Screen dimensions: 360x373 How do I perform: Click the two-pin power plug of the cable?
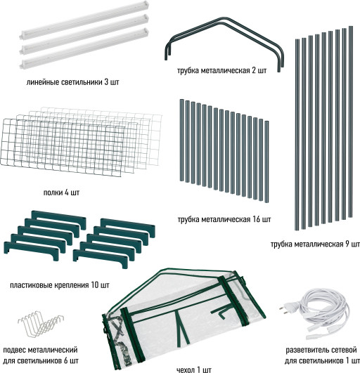pos(288,308)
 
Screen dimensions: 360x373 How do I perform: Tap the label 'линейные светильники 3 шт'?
pos(72,82)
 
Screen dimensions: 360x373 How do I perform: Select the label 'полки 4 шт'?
pos(61,192)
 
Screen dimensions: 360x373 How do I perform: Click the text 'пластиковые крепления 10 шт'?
pos(60,284)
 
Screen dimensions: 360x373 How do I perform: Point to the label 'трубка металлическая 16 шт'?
pos(224,219)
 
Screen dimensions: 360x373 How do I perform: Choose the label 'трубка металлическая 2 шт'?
pos(222,70)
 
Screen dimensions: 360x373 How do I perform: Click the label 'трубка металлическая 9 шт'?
pos(315,244)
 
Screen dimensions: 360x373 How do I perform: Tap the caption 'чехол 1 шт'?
pos(194,369)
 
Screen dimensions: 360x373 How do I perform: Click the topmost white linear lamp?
pos(84,20)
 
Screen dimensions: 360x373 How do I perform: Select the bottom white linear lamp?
pos(84,48)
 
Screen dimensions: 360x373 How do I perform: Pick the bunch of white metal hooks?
pos(41,324)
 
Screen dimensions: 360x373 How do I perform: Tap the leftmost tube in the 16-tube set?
pos(182,140)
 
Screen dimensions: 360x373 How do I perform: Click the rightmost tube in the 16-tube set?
pos(266,162)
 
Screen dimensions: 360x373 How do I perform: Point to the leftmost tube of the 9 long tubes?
pos(297,135)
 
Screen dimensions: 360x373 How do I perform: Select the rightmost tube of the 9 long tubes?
pos(350,122)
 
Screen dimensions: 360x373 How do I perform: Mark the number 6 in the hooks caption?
pos(66,360)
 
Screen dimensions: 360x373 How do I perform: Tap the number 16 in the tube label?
pos(256,219)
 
